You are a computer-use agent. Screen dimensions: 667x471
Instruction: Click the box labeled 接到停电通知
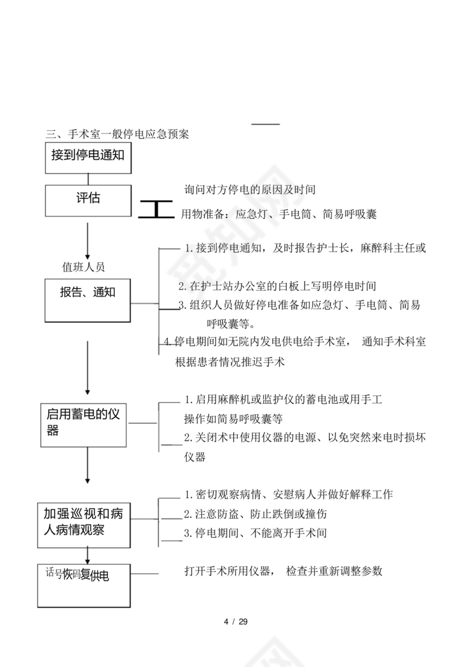88,157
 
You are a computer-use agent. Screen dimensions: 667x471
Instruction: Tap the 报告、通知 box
88,299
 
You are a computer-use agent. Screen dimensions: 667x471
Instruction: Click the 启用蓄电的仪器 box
84,424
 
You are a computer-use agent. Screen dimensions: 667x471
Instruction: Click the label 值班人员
83,266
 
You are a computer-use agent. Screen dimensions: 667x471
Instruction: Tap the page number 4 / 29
235,621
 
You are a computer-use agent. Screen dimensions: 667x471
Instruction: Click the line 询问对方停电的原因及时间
250,189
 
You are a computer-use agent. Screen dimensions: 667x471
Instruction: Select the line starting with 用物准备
278,214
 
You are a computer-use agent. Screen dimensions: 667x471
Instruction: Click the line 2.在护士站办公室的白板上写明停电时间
277,286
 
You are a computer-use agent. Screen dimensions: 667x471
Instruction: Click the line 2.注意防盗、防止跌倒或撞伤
255,514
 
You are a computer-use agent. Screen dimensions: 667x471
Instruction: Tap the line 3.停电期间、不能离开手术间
255,533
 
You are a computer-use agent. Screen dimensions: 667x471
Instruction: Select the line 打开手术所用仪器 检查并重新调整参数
283,571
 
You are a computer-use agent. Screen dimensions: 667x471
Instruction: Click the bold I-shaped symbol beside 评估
155,209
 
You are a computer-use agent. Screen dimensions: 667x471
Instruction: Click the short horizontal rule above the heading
266,124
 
